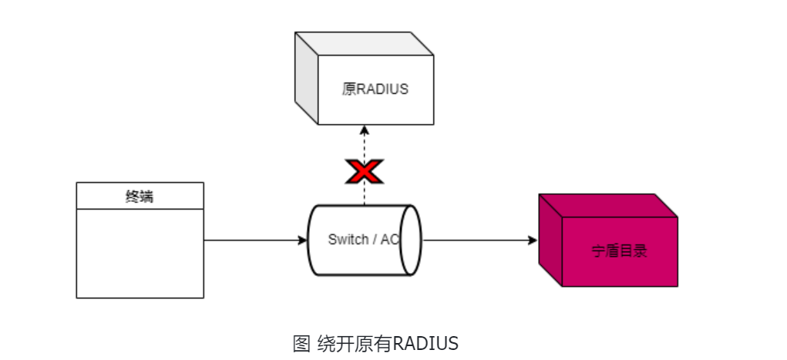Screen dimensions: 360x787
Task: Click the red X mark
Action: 364,172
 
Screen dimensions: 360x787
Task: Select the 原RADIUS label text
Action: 375,89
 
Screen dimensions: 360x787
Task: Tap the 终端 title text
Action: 140,196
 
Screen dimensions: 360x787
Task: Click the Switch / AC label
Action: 363,240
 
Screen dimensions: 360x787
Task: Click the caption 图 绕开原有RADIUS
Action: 375,343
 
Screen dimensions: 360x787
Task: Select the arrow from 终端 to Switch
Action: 254,241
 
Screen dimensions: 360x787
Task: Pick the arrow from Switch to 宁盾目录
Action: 478,241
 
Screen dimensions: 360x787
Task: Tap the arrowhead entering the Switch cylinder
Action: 303,241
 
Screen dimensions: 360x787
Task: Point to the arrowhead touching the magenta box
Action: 533,241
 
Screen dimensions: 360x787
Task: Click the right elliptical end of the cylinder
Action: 411,240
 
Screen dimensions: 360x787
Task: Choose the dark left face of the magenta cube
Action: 550,241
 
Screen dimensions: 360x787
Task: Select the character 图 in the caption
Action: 301,343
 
